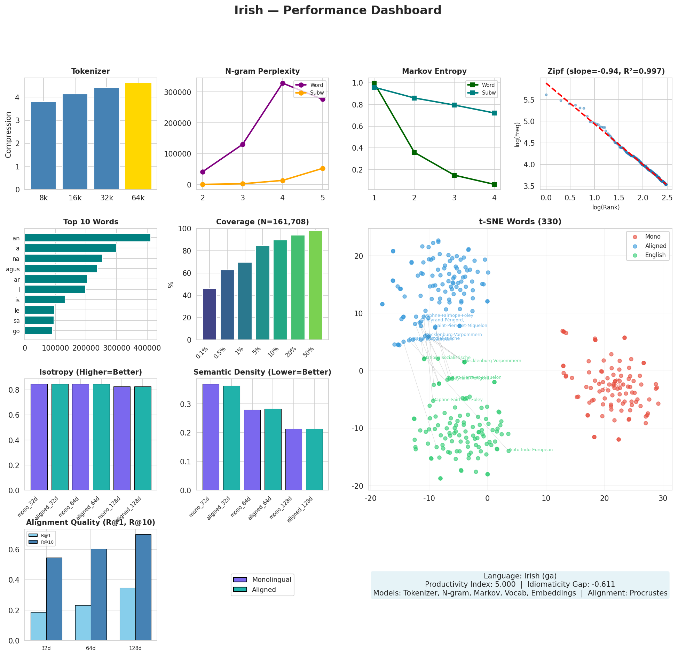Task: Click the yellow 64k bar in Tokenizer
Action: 138,136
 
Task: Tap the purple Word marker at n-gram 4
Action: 283,83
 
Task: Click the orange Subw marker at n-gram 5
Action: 323,168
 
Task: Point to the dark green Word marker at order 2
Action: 414,152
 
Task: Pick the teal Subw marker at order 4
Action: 494,113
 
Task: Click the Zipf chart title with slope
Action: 606,71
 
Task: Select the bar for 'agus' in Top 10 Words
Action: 61,269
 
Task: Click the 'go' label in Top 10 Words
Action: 16,331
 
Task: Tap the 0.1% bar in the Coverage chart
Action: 210,314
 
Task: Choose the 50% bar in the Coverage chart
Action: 315,285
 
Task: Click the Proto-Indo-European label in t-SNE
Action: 530,450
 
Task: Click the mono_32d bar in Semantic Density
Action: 211,437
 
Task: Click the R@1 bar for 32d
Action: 38,626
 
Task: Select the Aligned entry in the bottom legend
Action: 263,590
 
